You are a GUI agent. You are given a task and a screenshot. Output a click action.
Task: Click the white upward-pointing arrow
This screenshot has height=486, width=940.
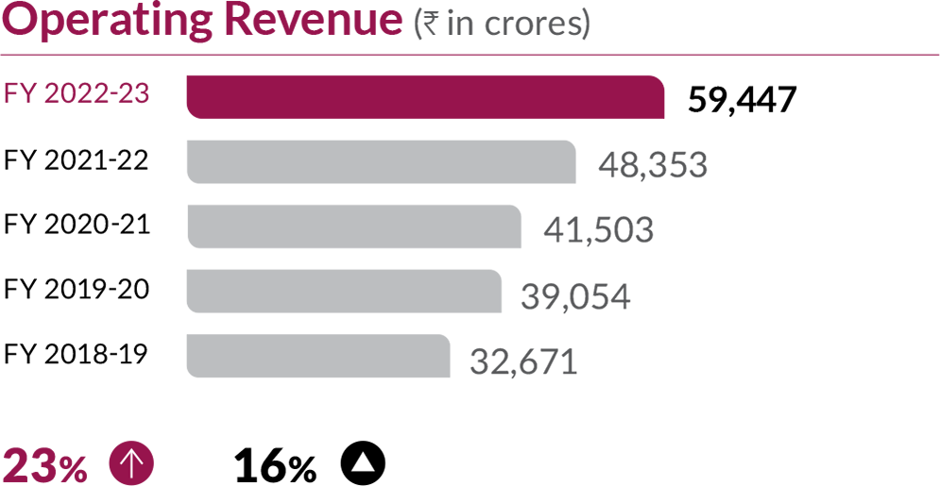pyautogui.click(x=131, y=462)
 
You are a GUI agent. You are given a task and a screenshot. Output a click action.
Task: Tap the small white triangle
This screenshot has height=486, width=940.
pyautogui.click(x=363, y=462)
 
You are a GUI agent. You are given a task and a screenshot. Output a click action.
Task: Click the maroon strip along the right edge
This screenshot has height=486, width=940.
pyautogui.click(x=902, y=283)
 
